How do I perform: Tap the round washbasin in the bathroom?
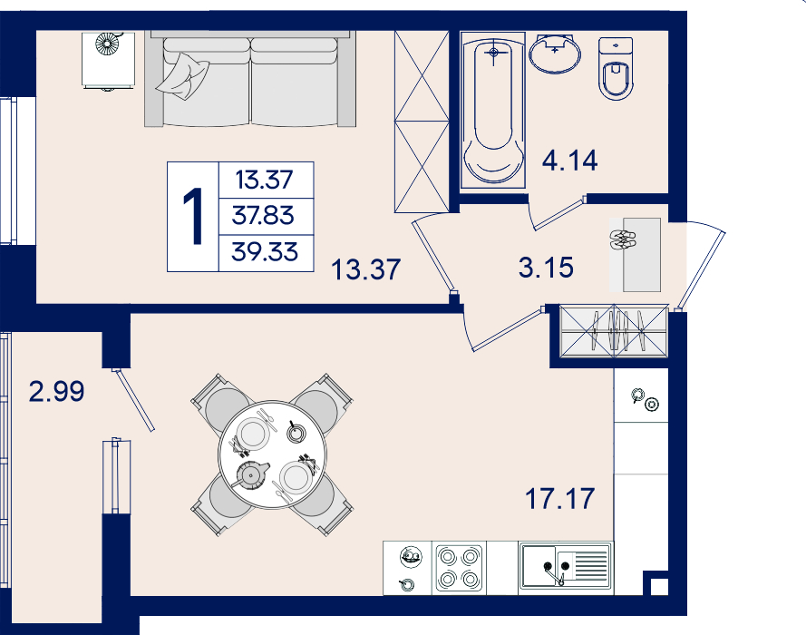[555, 54]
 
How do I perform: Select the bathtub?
[493, 110]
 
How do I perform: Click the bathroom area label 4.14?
[570, 161]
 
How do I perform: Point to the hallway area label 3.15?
[546, 268]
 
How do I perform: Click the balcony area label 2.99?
[56, 391]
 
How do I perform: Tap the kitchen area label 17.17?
[559, 499]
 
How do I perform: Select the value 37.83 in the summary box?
[263, 215]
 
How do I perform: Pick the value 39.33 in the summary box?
[265, 252]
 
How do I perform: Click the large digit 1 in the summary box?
[194, 216]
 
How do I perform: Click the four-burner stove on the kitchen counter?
[459, 568]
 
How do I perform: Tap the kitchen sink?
[566, 566]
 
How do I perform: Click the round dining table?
[272, 454]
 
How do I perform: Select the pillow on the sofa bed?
[182, 77]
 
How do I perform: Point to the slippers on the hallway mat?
[623, 239]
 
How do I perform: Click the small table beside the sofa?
[108, 61]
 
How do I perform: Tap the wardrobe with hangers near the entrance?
[615, 331]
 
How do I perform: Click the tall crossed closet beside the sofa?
[422, 122]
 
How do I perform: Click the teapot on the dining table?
[251, 474]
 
